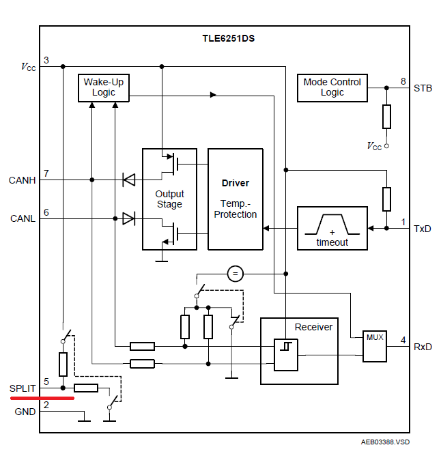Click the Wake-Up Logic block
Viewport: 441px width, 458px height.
click(x=103, y=88)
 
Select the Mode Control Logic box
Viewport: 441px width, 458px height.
click(x=332, y=87)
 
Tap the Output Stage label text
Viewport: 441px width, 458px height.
click(x=169, y=199)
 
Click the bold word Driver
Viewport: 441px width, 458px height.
click(x=235, y=183)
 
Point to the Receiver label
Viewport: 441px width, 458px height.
click(x=313, y=327)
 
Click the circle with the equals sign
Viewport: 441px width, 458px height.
click(x=235, y=274)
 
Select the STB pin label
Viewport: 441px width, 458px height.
click(x=423, y=87)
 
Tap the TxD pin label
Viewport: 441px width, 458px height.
click(x=423, y=228)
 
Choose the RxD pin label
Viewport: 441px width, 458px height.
click(x=423, y=347)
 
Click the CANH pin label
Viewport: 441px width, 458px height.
click(x=22, y=180)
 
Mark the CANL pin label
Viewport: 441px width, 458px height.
click(x=22, y=218)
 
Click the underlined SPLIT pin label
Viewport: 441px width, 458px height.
click(x=23, y=388)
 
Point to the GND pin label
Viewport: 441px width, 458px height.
click(x=25, y=412)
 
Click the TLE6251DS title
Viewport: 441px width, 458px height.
click(x=227, y=38)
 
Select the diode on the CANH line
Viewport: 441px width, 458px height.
click(x=128, y=180)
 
